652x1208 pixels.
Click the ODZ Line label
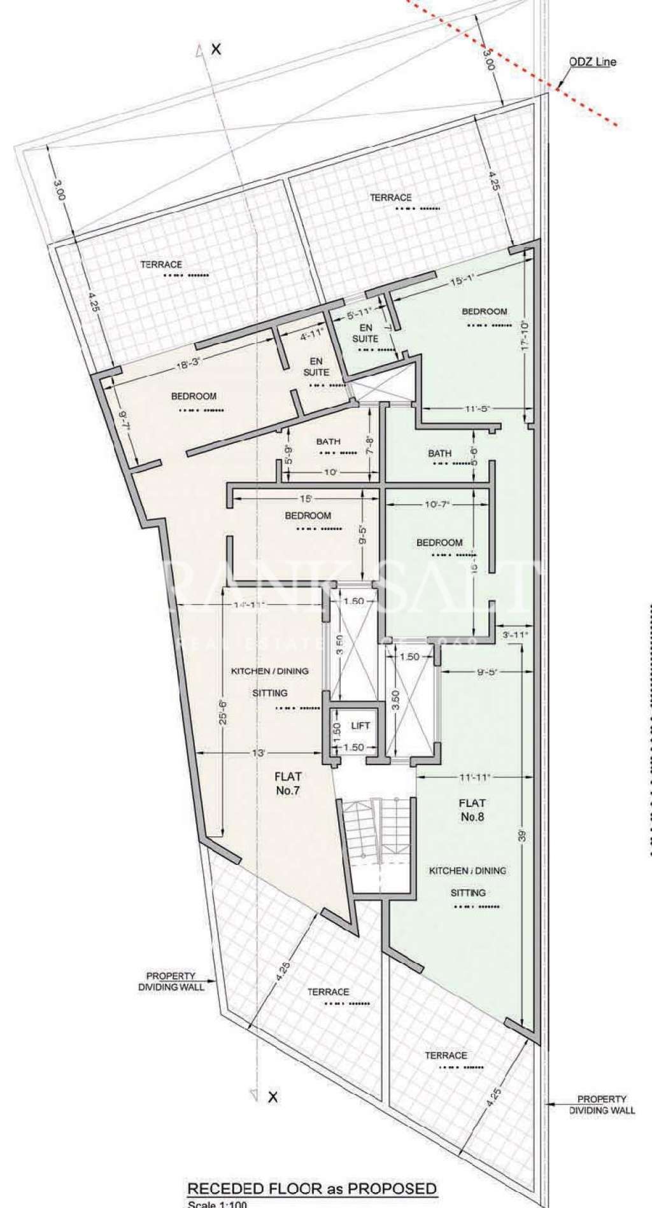pyautogui.click(x=592, y=62)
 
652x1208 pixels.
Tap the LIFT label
pyautogui.click(x=360, y=726)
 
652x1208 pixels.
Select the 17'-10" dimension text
pyautogui.click(x=525, y=336)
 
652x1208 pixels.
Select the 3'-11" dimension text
pyautogui.click(x=514, y=635)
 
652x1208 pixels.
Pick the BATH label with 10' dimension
pyautogui.click(x=328, y=442)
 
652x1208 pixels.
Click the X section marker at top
pyautogui.click(x=216, y=49)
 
